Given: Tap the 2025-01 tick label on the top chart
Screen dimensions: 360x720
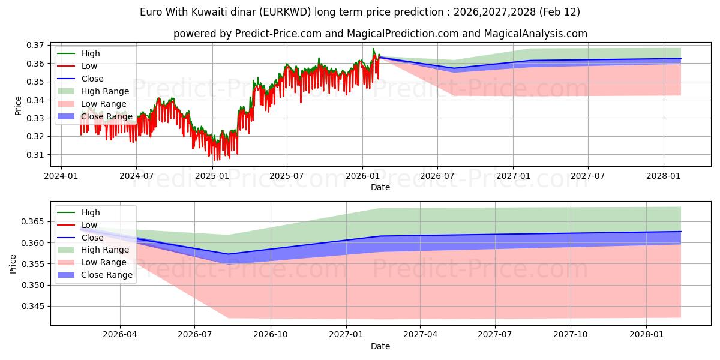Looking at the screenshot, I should pos(212,176).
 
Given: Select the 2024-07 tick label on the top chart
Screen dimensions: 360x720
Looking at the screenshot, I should pos(136,176).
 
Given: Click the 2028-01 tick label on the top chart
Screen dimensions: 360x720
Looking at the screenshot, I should pos(664,176).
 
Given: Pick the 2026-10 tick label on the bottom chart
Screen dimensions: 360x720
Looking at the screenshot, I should pos(271,335).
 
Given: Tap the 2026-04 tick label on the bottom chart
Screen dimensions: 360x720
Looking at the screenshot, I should pos(120,335).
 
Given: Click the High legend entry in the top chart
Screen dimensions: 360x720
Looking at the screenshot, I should pos(91,54).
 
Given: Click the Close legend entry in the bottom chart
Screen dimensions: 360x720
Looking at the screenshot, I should pos(92,238).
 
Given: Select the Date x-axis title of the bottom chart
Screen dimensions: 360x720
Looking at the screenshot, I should pos(380,346).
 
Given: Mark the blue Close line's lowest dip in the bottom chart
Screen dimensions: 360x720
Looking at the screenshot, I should pos(228,254).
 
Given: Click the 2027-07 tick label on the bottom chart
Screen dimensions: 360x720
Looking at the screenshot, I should pos(495,335).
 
